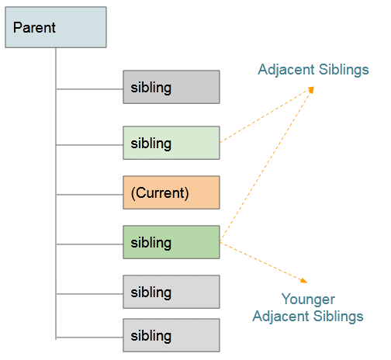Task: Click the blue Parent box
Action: [56, 27]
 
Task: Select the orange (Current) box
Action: [171, 192]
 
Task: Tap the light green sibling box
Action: [171, 143]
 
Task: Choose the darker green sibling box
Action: [171, 242]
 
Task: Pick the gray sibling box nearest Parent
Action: [171, 87]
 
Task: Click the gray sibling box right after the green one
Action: [171, 292]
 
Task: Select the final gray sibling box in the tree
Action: [171, 335]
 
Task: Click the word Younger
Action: [308, 299]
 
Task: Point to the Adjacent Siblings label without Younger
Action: [313, 70]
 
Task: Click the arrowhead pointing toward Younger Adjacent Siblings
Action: [304, 281]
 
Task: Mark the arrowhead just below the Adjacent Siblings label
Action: [310, 90]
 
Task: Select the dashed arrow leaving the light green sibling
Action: [267, 115]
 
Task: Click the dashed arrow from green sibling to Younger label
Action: [264, 262]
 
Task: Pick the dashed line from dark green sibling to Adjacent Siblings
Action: [267, 164]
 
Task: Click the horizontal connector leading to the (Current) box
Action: [89, 195]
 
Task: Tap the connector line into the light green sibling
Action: [89, 145]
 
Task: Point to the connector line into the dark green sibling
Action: [89, 244]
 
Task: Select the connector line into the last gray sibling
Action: [89, 337]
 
